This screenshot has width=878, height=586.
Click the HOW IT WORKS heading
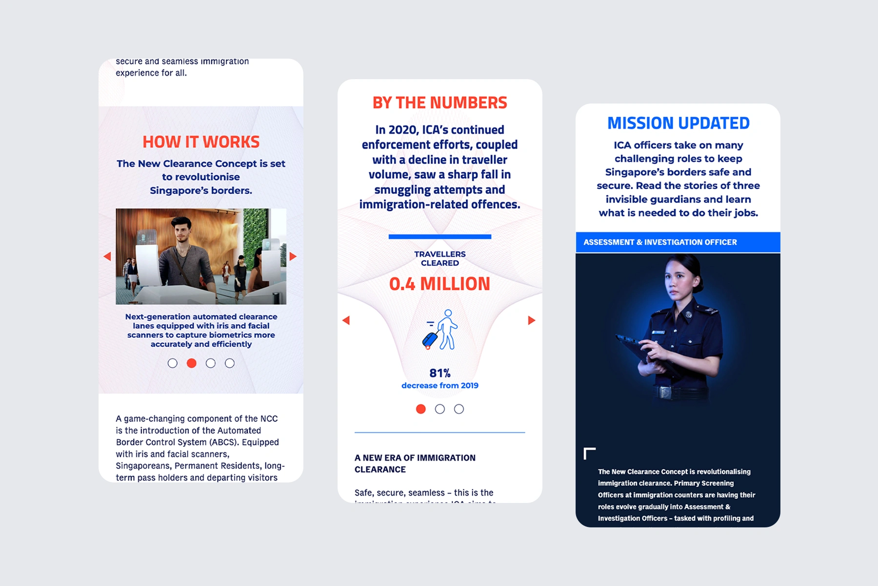point(201,142)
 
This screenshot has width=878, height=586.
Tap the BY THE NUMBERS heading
point(439,103)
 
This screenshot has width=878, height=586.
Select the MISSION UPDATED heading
point(678,123)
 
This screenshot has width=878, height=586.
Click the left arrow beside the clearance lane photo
point(107,256)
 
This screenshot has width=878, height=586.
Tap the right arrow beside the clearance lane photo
point(293,256)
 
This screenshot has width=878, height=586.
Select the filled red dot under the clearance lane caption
point(192,363)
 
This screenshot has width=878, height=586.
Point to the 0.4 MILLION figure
point(439,284)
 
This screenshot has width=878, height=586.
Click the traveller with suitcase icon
point(440,330)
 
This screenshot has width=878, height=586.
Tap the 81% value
point(439,373)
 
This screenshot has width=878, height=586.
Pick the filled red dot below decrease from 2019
point(420,409)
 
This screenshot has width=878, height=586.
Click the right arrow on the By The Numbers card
point(531,320)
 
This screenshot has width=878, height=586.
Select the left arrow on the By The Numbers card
point(346,320)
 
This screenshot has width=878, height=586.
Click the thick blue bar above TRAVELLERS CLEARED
point(439,237)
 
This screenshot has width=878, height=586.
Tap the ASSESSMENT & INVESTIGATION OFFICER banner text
point(660,242)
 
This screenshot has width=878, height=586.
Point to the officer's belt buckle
point(665,392)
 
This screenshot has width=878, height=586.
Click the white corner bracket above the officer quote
point(589,453)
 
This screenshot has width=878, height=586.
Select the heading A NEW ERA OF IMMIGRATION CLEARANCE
point(415,463)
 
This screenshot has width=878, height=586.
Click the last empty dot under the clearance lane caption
point(230,363)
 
